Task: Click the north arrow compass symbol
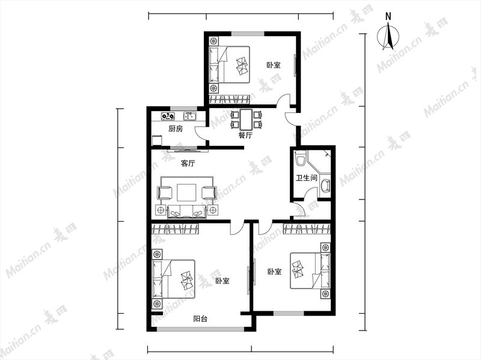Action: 388,36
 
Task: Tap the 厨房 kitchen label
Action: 176,129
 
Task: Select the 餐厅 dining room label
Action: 245,135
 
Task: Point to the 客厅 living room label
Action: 188,163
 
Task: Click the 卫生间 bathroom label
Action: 306,178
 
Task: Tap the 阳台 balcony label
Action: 200,319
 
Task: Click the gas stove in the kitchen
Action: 168,116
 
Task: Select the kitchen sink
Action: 190,116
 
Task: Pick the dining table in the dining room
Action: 246,120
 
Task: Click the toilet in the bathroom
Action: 299,157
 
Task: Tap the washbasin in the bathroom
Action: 325,185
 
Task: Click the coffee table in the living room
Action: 186,192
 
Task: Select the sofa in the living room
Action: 187,212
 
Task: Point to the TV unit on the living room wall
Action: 188,151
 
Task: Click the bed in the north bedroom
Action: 229,65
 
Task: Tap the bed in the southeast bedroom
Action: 310,271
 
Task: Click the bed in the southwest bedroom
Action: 173,279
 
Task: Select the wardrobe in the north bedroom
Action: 229,99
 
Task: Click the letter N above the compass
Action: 388,16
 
